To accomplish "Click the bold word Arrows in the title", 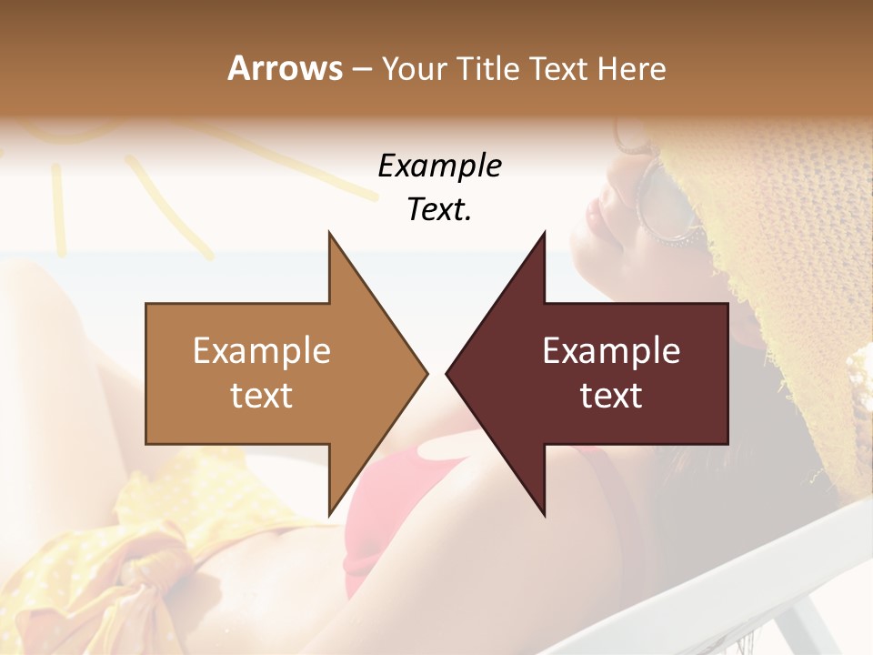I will [x=286, y=68].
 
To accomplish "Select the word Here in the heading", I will [x=631, y=68].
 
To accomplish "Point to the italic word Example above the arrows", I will [x=439, y=166].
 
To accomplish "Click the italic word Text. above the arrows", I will [x=439, y=209].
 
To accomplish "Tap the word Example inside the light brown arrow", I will [x=262, y=351].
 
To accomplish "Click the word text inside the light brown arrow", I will [x=262, y=396].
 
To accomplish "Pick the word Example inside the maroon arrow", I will [x=611, y=351].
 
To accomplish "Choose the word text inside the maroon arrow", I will [x=611, y=396].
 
